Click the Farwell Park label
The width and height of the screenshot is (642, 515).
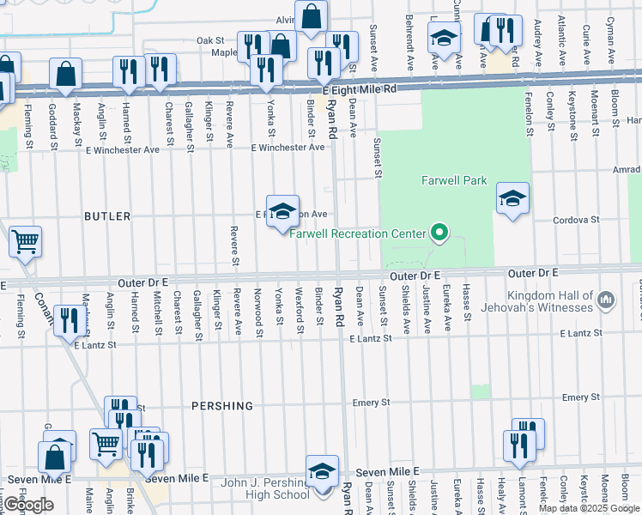[x=454, y=180]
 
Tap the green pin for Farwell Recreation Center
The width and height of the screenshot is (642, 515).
[x=439, y=233]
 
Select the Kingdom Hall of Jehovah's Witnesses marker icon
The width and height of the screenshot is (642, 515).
[x=606, y=300]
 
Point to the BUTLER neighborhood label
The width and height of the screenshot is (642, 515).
[x=107, y=216]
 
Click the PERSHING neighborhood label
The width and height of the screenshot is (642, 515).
[x=222, y=405]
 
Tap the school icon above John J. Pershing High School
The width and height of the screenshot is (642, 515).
[x=322, y=471]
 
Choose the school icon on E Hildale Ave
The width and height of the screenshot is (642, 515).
[x=282, y=211]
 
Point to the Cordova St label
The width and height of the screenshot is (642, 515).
[x=576, y=220]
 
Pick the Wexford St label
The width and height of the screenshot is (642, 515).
[x=300, y=312]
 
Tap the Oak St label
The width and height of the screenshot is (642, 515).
[x=209, y=40]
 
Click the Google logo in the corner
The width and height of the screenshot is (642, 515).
[x=28, y=505]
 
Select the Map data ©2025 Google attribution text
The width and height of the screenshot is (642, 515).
[x=589, y=508]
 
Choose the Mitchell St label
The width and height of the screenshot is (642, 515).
[x=158, y=312]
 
